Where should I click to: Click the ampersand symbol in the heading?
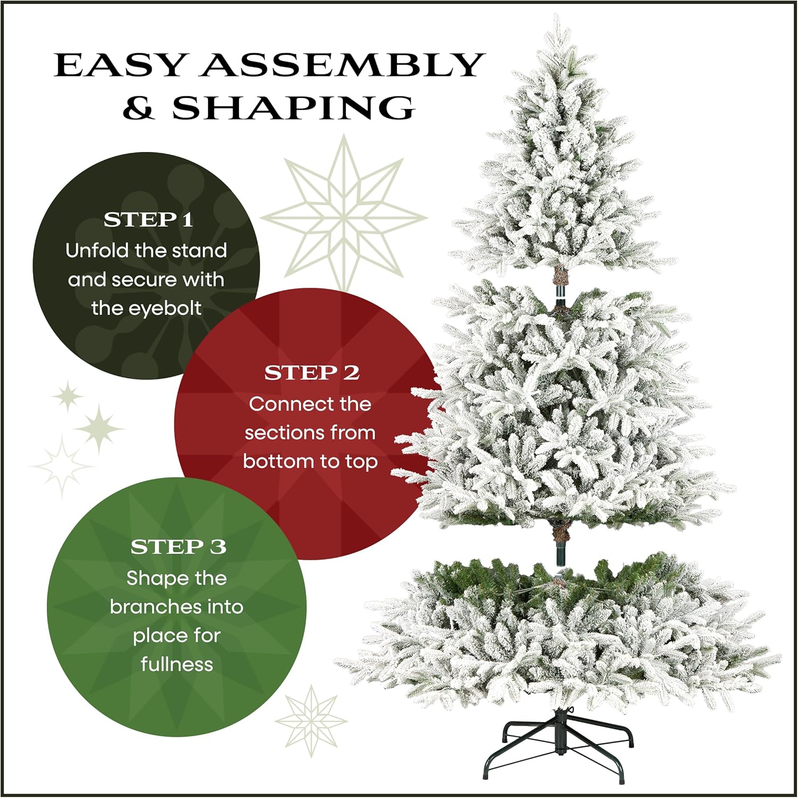[x=138, y=108]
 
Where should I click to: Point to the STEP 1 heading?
[x=148, y=220]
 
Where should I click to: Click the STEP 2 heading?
[x=312, y=373]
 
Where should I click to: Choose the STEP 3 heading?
[x=178, y=547]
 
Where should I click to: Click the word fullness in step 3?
[x=177, y=664]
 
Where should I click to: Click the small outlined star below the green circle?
[x=311, y=721]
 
